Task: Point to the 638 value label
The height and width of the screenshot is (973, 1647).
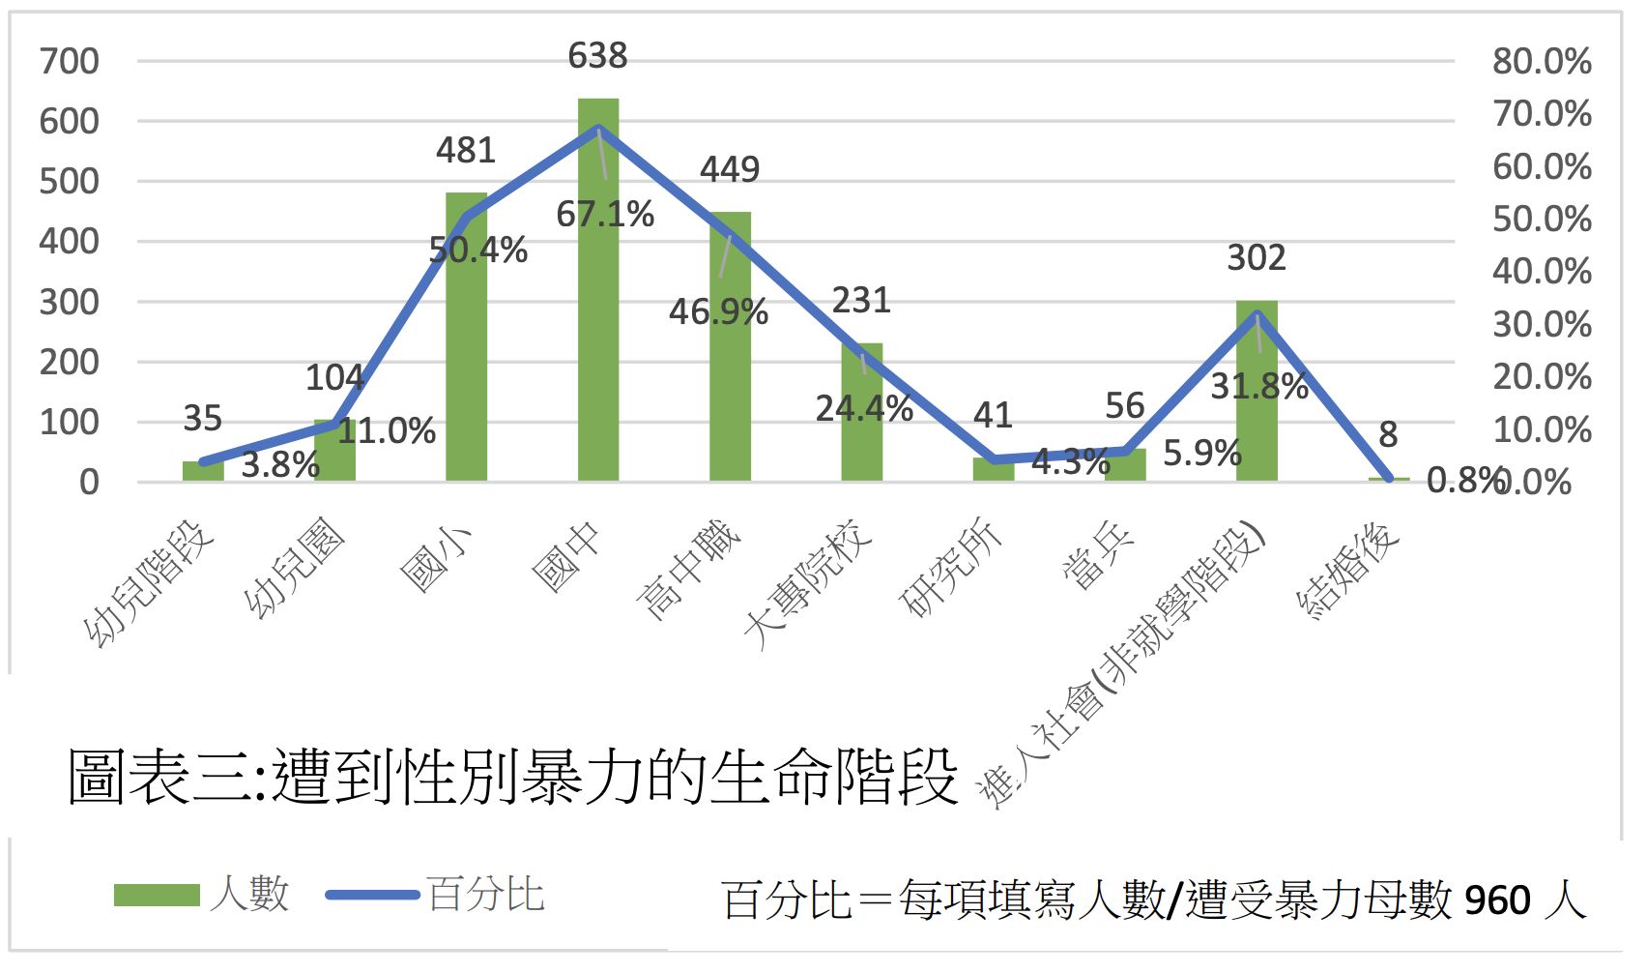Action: point(597,56)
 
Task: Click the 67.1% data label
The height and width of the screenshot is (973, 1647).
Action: point(605,214)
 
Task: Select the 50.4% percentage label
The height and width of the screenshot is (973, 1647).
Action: point(478,251)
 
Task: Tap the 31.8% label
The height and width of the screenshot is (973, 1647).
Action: point(1259,387)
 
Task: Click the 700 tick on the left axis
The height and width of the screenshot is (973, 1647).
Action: point(69,62)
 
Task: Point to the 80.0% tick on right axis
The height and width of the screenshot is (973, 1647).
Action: point(1542,62)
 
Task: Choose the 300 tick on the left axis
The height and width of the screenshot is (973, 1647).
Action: point(69,303)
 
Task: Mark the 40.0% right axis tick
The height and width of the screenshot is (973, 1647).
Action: point(1542,272)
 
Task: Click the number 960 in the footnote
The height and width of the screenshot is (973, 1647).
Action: point(1497,900)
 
